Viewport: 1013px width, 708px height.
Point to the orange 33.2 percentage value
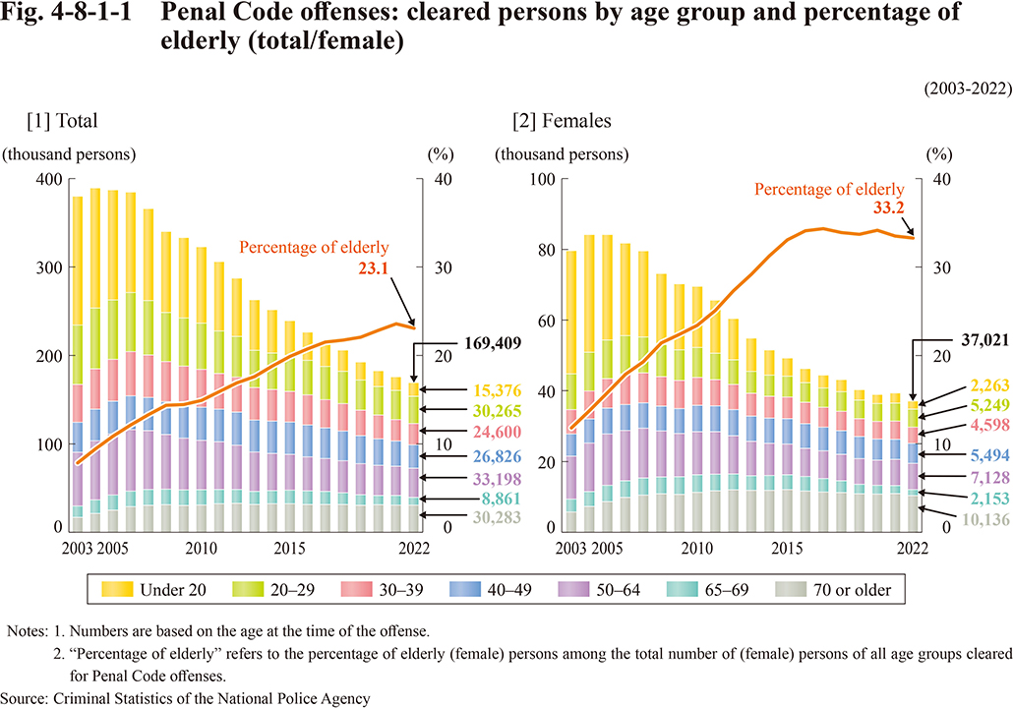(889, 207)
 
